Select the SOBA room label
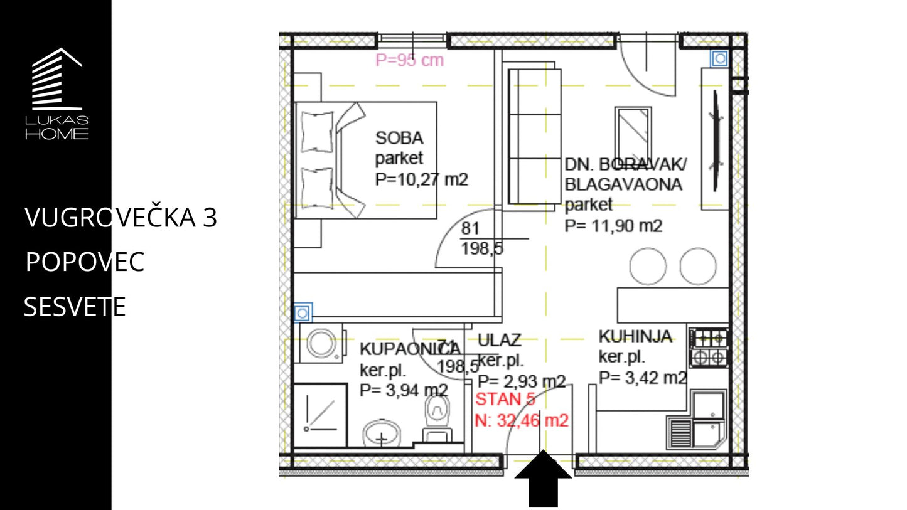[x=399, y=138]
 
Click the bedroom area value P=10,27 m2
[x=422, y=179]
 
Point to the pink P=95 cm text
[x=410, y=60]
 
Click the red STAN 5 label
[x=505, y=400]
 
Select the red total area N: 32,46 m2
[x=522, y=420]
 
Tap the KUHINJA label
[x=635, y=336]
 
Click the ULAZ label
[x=499, y=340]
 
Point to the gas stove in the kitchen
[x=709, y=348]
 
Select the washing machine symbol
[x=322, y=343]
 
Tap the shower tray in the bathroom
[x=320, y=416]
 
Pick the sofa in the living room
[x=534, y=136]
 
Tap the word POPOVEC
[x=85, y=262]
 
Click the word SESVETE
[x=75, y=306]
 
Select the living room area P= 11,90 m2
[x=613, y=226]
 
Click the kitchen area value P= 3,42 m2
[x=643, y=378]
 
